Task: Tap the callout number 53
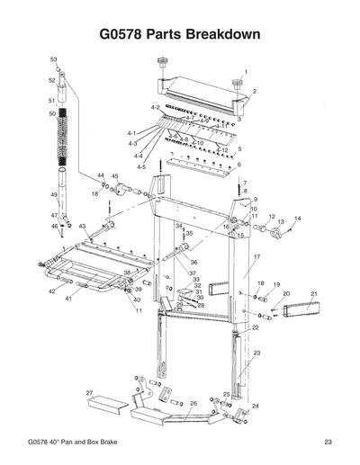pos(53,58)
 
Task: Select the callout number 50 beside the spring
pos(52,114)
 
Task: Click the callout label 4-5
pos(141,167)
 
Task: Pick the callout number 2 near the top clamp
pos(255,92)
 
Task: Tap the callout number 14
pos(298,219)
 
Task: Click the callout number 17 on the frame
pos(256,257)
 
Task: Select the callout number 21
pos(314,294)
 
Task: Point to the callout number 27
pos(89,393)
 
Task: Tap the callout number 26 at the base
pos(193,406)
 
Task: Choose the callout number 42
pos(51,292)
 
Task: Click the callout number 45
pos(114,176)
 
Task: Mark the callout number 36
pos(193,262)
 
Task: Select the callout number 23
pos(256,353)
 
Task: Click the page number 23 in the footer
pos(330,442)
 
